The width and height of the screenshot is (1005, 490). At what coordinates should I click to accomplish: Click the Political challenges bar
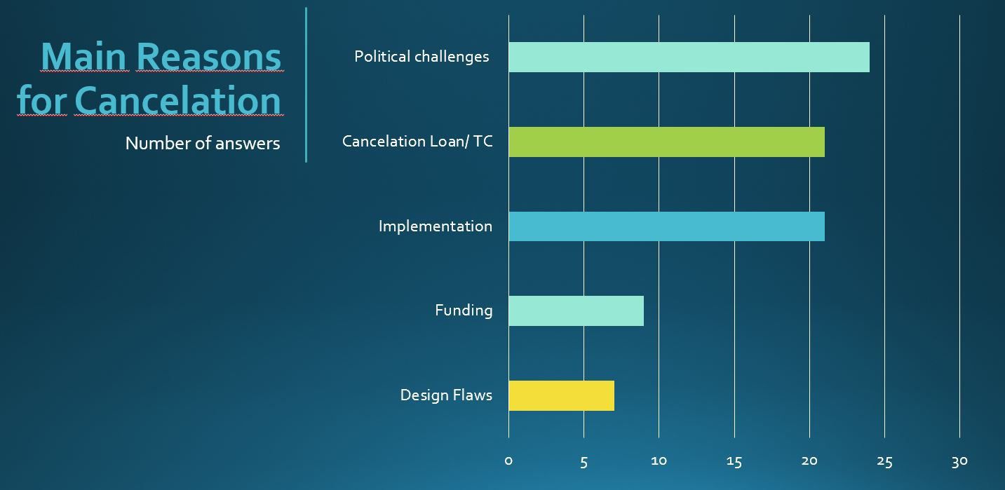pos(689,57)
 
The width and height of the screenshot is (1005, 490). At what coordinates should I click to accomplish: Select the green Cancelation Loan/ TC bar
pos(666,142)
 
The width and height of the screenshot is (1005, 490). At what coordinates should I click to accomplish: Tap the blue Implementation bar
pos(666,226)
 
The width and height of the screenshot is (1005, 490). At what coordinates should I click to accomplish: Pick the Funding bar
pos(576,311)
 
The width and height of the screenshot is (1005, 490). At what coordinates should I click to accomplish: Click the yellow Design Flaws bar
pos(561,395)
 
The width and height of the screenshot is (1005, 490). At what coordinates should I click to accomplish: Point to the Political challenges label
pos(421,57)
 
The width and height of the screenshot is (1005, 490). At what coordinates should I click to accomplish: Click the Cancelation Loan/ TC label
pos(417,142)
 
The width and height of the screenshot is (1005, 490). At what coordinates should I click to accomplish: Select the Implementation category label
pos(435,226)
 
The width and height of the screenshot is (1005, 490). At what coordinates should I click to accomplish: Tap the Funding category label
pos(464,311)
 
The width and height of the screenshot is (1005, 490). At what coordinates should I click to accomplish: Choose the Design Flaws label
pos(446,395)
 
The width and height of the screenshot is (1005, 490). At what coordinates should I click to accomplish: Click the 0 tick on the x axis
pos(508,461)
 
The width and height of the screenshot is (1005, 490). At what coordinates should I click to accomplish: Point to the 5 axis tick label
pos(584,461)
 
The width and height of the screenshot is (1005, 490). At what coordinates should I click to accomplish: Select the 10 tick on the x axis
pos(659,461)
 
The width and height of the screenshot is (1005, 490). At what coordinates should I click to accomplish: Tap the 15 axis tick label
pos(734,461)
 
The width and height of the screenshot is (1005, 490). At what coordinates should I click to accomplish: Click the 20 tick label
pos(809,461)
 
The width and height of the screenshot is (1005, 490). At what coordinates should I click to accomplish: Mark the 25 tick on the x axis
pos(884,461)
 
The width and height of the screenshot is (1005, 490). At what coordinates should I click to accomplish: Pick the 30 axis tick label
pos(959,461)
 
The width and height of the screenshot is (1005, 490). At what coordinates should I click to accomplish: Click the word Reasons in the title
pos(208,57)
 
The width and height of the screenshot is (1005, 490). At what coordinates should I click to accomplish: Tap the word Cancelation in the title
pos(177,100)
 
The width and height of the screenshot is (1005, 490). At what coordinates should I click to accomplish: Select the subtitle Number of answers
pos(202,144)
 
